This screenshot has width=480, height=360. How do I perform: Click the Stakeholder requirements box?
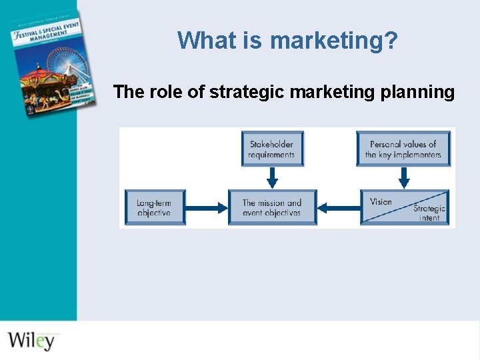point(271,149)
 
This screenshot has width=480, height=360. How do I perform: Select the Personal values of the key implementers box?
point(403,149)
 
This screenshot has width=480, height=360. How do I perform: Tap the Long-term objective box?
point(154,207)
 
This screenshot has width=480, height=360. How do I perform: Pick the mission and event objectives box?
point(271,207)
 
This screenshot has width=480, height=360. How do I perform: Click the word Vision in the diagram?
point(381,201)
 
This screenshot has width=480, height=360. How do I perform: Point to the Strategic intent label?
point(429,213)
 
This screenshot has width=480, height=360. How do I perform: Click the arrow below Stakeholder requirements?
point(271,178)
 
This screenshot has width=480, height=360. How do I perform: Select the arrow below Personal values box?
point(403,178)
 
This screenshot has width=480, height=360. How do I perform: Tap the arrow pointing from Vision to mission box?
point(339,208)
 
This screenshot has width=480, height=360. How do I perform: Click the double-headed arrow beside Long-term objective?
point(207,208)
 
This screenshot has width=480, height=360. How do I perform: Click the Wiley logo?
point(31,340)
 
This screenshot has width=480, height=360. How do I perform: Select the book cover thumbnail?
point(44,63)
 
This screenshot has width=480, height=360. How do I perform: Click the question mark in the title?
point(391,41)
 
